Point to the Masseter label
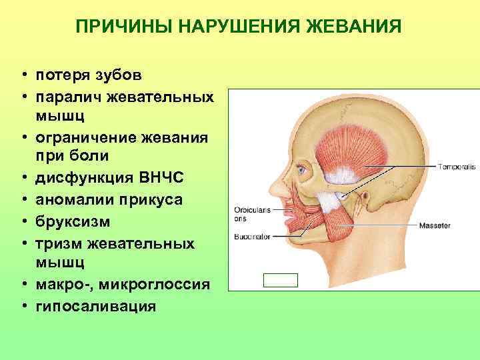[x=434, y=225]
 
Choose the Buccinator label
[x=251, y=237]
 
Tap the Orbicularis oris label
[x=251, y=213]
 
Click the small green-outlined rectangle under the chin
[x=281, y=280]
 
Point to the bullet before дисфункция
[x=23, y=179]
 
